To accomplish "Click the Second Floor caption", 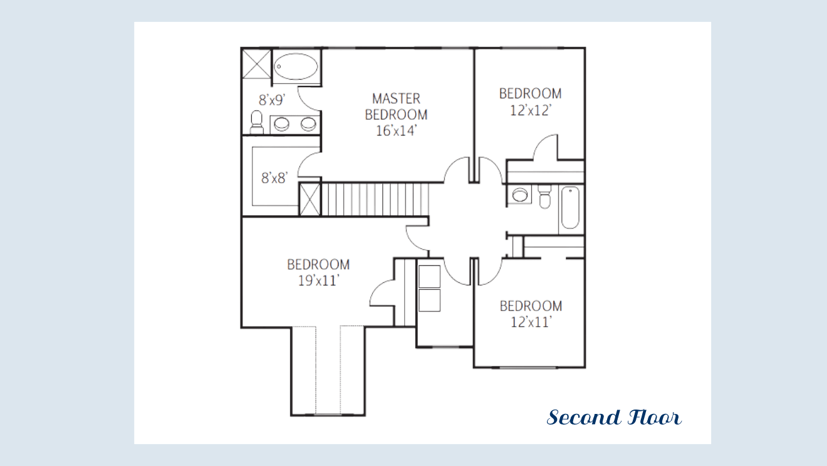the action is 614,418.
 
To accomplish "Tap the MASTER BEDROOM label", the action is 396,107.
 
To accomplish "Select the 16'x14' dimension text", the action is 396,131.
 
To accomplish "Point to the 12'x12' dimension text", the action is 531,110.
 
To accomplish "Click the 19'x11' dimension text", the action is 318,281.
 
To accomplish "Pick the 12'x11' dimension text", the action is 531,322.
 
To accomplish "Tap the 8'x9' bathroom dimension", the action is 272,100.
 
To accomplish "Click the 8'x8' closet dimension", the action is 274,178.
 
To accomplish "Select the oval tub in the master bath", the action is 296,66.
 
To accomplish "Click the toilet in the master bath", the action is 257,122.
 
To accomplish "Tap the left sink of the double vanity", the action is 282,124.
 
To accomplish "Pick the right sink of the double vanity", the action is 308,124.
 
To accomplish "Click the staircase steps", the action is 375,199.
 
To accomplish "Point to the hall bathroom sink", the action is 520,195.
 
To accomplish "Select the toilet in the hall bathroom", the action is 544,196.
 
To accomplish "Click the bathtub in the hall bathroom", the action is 570,208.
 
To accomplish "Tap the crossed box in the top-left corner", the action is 257,64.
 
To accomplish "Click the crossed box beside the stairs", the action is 309,199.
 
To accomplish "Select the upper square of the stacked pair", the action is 429,277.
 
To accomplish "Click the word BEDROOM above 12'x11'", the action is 531,306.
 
